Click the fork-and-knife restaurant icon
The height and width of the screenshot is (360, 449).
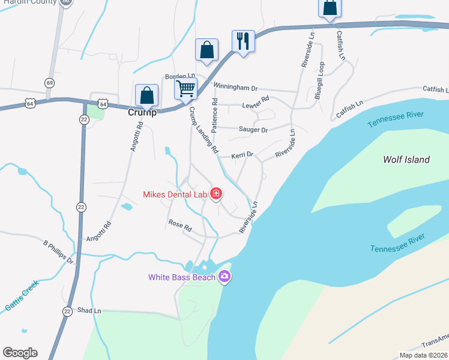point(243,41)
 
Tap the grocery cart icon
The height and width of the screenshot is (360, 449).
point(186,89)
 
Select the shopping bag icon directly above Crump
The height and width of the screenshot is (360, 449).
point(147,95)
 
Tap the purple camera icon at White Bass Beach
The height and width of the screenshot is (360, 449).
point(224,276)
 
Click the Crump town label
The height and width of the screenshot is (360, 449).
point(142,112)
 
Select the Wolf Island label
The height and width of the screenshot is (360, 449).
point(406,160)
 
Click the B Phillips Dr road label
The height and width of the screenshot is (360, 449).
point(58,252)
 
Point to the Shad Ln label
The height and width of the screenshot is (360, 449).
point(89,311)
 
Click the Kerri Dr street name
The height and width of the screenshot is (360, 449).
point(243,155)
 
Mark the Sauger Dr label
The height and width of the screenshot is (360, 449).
point(253,129)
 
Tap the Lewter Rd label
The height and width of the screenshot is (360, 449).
point(255,102)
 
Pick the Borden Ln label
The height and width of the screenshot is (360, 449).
point(181,76)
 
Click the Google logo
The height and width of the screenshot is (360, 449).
point(20,353)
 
